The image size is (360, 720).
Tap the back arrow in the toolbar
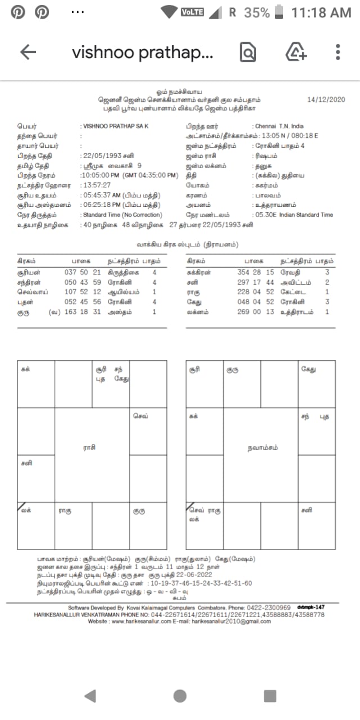coord(28,52)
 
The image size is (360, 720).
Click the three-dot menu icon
coord(338,52)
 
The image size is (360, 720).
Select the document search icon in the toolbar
coord(247,52)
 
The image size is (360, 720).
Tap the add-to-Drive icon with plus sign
coord(296,52)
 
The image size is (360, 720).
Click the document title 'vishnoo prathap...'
coord(142,52)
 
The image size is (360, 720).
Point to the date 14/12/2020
coord(325,100)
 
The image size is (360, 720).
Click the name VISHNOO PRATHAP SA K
coord(115,127)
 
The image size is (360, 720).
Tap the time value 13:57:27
coord(96,184)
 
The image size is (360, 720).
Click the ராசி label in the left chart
coord(89,447)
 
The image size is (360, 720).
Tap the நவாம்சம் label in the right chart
coord(262,448)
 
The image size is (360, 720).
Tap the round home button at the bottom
coord(180,696)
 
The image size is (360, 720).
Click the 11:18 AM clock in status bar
coord(321,12)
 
